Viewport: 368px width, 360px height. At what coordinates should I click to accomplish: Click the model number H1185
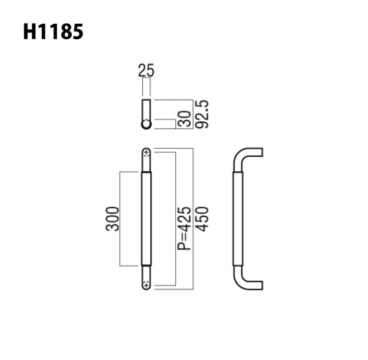coord(53,32)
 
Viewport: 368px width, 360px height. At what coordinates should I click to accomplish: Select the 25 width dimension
coord(146,70)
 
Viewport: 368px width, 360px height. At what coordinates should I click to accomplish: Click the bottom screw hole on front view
coord(147,286)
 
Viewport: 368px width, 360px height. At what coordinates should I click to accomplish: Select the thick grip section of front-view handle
coord(147,218)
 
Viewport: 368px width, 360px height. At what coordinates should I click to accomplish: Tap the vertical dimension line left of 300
coord(120,218)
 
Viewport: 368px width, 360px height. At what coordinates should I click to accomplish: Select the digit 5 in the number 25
coord(150,70)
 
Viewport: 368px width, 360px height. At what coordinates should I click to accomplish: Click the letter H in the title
coord(31,32)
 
